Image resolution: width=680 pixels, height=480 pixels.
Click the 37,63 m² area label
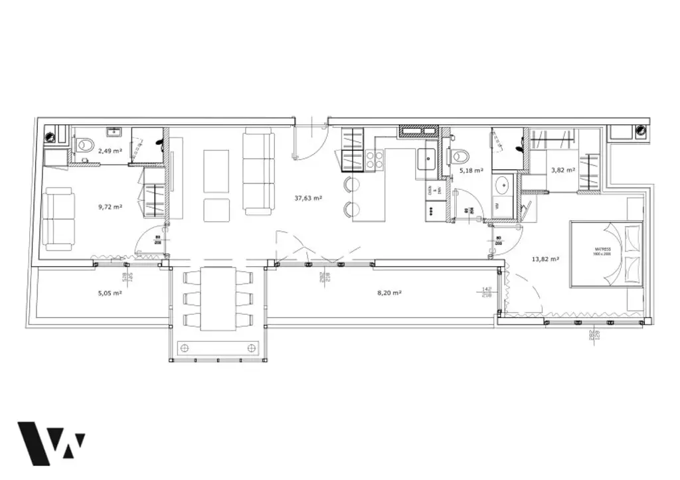308,198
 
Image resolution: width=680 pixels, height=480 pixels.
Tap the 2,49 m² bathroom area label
110,151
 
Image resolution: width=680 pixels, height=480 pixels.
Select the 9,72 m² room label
110,206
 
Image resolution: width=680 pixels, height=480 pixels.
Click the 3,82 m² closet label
562,170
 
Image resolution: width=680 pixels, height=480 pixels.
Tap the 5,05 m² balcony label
108,293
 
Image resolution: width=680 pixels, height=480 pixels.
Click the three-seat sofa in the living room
258,171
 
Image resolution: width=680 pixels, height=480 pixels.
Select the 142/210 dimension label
487,292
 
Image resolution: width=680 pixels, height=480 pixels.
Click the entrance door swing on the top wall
309,141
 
